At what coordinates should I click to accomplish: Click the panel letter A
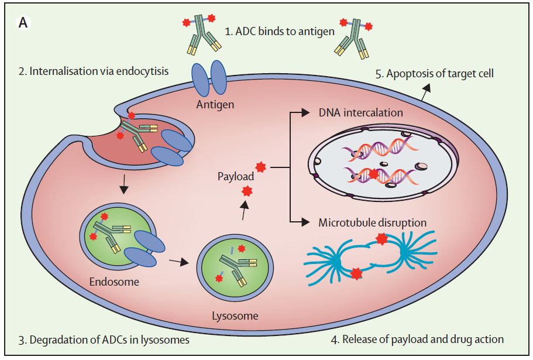[23, 23]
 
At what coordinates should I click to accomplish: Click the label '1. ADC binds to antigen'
[280, 32]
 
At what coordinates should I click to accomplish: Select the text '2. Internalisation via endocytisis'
[94, 71]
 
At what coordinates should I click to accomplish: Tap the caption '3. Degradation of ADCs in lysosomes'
[104, 340]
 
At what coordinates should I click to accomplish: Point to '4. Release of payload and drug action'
[417, 340]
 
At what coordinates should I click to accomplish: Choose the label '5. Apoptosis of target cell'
[435, 74]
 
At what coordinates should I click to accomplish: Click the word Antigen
[215, 104]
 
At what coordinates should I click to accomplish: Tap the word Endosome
[114, 282]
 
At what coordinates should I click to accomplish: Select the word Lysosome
[235, 316]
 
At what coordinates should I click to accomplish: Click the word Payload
[236, 176]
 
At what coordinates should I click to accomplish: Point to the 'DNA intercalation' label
[360, 113]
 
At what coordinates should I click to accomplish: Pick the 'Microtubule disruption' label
[372, 223]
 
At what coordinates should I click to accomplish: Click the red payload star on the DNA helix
[374, 174]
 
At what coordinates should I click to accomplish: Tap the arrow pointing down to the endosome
[124, 184]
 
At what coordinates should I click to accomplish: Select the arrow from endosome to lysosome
[179, 262]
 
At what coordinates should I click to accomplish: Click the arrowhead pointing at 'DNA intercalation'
[305, 112]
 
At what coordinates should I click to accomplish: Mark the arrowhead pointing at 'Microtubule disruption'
[305, 222]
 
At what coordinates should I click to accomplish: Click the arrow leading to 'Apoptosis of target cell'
[426, 91]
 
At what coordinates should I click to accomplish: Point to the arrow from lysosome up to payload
[244, 210]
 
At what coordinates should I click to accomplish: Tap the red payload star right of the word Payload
[261, 167]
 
